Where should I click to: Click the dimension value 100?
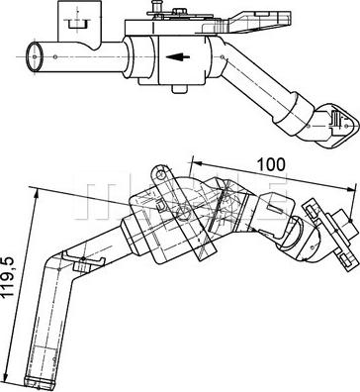pos(271,164)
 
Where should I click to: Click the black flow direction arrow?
pos(178,56)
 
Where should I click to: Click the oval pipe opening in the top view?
pos(35,56)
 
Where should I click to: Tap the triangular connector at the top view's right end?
pos(338,126)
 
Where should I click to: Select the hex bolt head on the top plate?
pos(179,11)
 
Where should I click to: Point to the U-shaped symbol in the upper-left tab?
pos(76,24)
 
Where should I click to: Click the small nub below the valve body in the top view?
pos(180,89)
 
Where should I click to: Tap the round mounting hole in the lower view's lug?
pos(161,175)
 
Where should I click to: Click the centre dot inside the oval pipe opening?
pos(35,56)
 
